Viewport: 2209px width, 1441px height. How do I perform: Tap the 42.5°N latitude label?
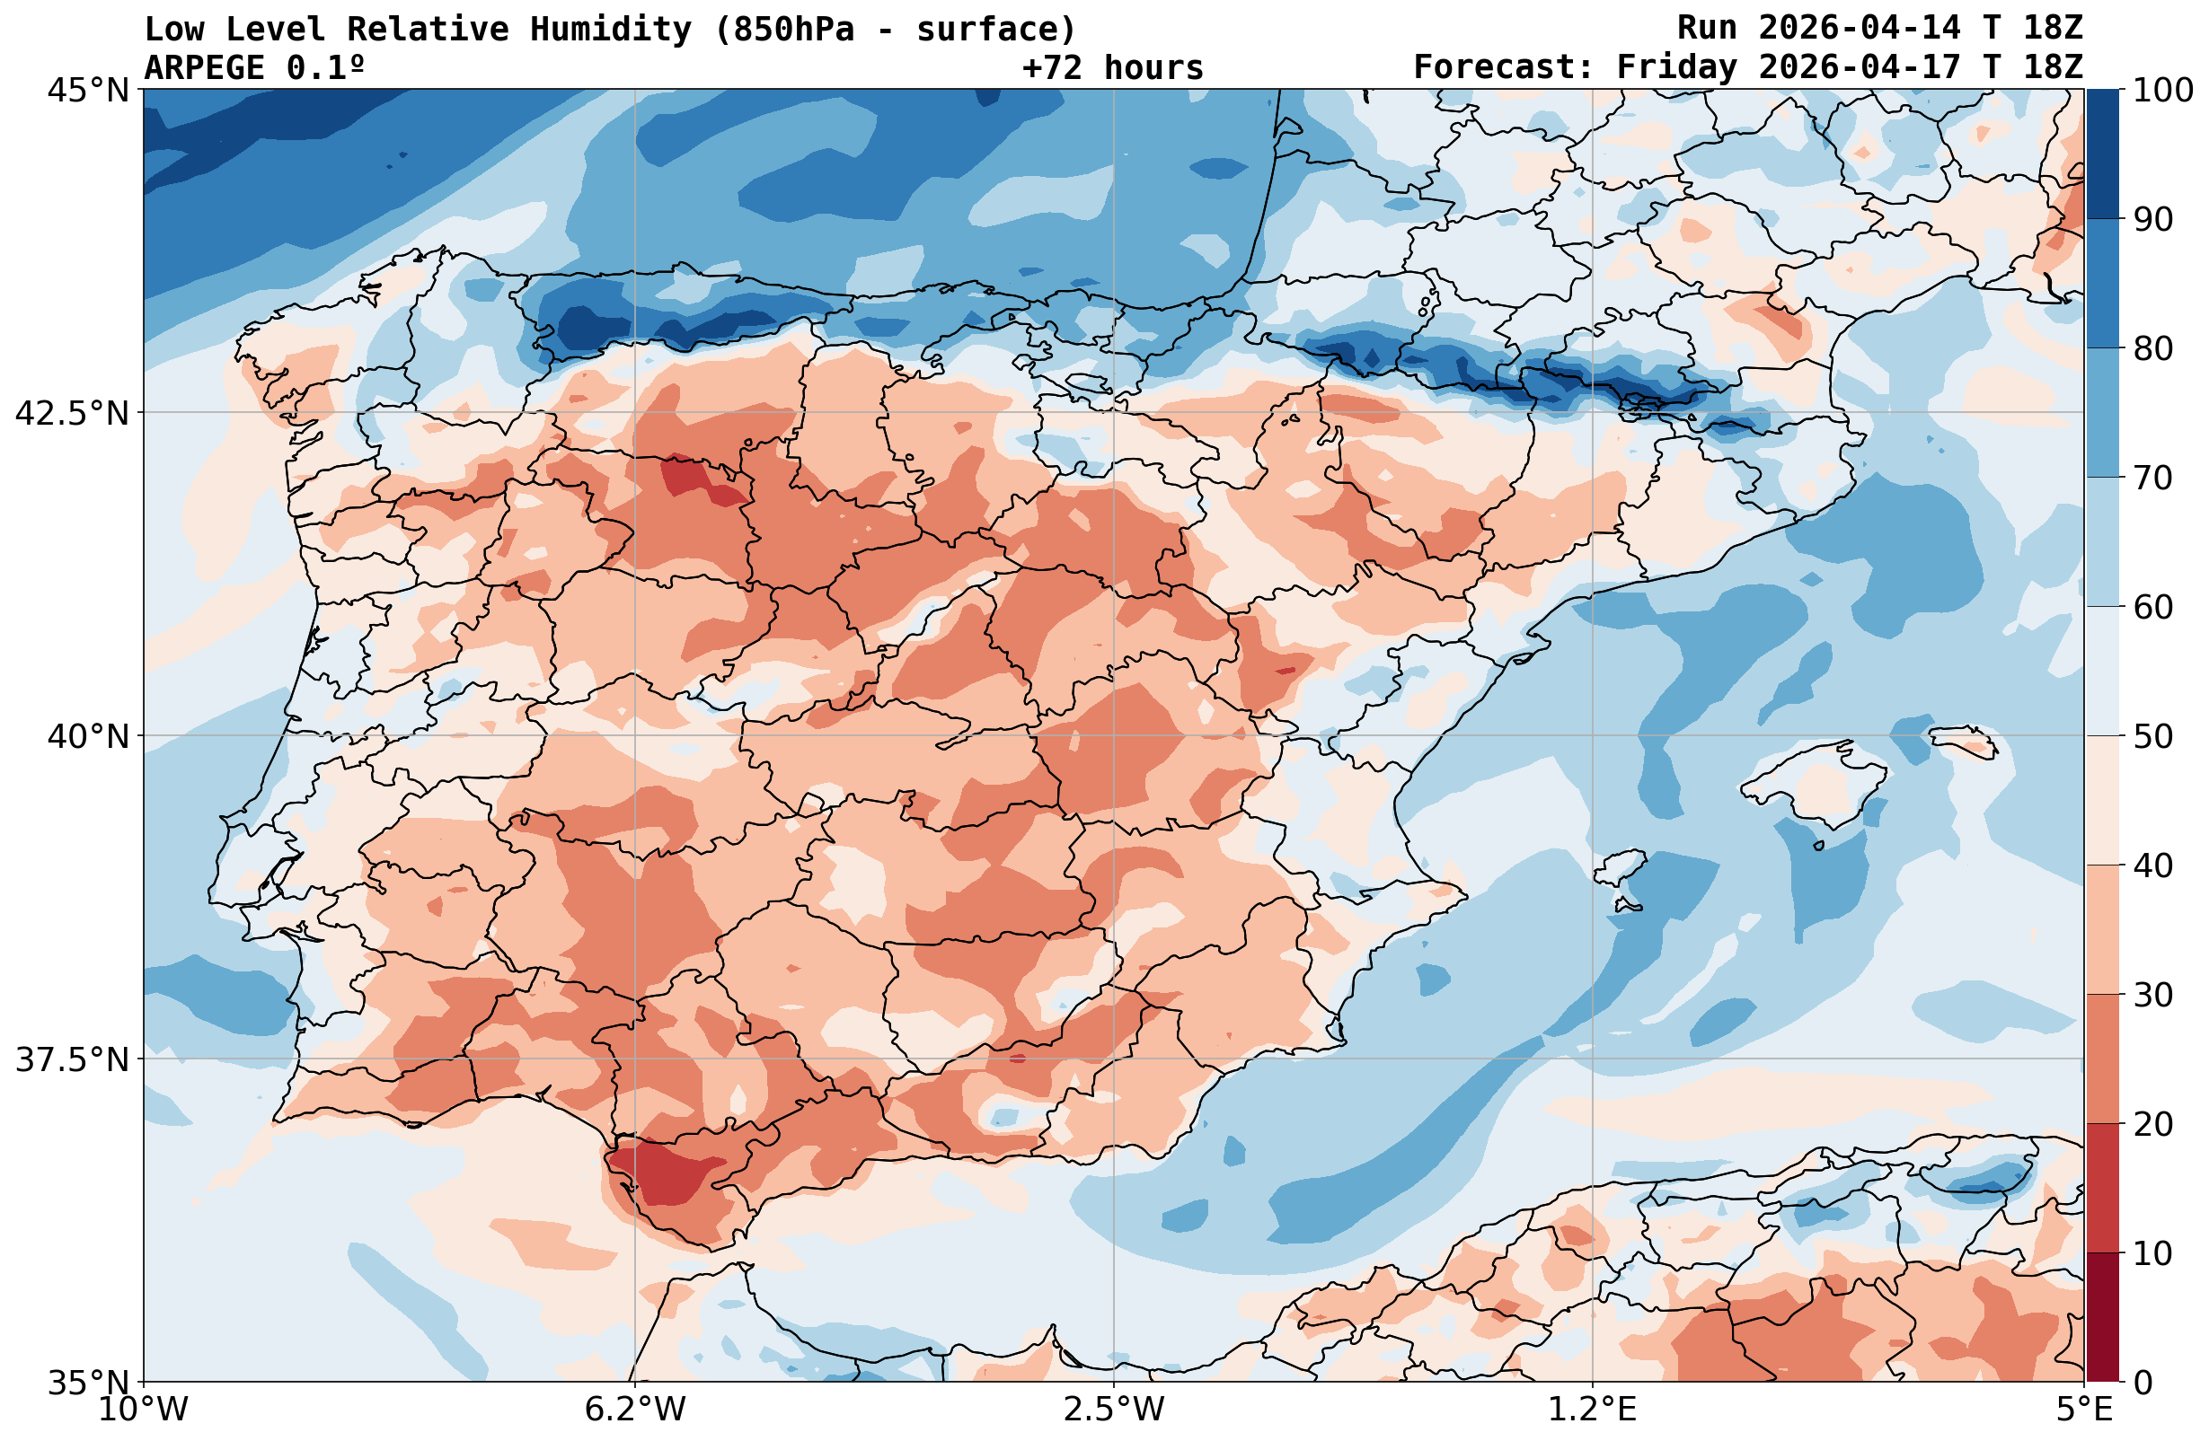[72, 413]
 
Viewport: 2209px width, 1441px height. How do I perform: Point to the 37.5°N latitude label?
[72, 1059]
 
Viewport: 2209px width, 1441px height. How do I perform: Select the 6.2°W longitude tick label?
[635, 1410]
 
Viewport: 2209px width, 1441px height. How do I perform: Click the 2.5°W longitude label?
[1114, 1410]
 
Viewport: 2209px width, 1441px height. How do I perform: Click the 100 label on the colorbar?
[2161, 91]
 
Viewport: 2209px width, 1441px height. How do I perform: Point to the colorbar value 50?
[2152, 737]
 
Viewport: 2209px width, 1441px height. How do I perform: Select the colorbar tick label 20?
[2152, 1125]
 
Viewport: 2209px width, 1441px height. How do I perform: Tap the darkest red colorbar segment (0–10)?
[2102, 1318]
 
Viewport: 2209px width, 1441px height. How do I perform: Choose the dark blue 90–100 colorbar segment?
[2102, 154]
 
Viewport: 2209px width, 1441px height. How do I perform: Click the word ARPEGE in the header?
[205, 67]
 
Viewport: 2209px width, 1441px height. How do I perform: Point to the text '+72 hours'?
[1112, 67]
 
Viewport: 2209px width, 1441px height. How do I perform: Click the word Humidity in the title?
[611, 30]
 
